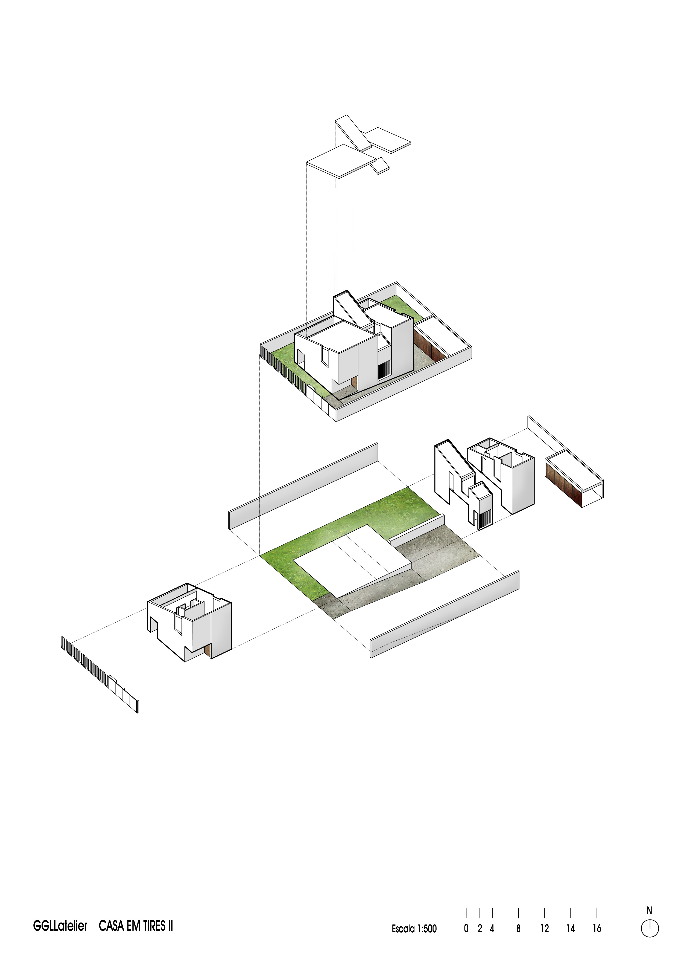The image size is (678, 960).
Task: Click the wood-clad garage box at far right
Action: point(574,478)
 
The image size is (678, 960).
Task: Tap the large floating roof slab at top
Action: point(341,161)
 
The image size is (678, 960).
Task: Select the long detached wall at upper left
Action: point(303,486)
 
